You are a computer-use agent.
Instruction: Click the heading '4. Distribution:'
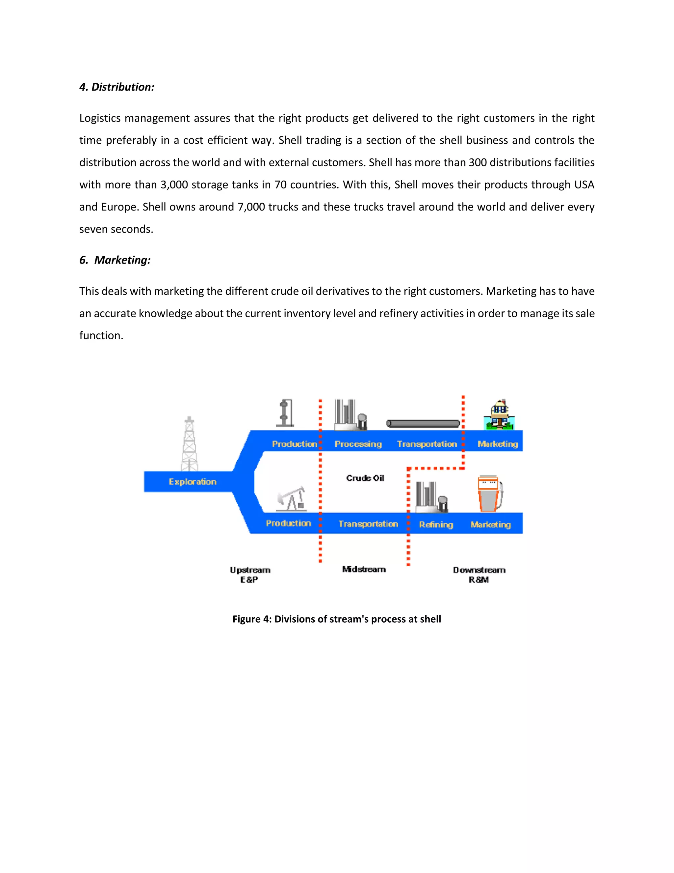point(117,87)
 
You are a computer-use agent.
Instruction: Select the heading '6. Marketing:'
point(115,260)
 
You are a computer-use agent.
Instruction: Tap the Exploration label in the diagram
point(193,482)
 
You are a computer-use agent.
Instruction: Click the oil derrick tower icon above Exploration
point(189,444)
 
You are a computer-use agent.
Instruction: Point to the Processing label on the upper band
point(358,444)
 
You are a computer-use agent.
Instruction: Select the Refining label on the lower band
point(436,524)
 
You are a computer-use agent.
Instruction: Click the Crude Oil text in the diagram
point(365,478)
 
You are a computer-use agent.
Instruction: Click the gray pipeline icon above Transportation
point(423,424)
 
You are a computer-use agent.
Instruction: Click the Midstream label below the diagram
point(364,569)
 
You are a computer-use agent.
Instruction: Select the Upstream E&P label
point(250,575)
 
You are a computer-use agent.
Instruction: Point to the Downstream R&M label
point(479,575)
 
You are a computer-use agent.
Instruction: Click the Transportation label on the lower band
point(368,524)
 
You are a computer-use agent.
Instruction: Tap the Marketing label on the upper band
point(498,444)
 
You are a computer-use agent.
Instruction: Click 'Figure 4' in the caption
point(252,619)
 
